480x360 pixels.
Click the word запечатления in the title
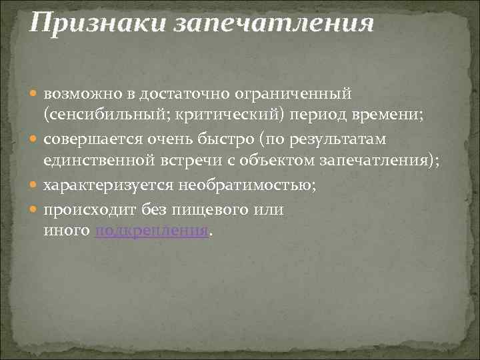274,25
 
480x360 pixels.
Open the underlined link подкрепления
152,231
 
